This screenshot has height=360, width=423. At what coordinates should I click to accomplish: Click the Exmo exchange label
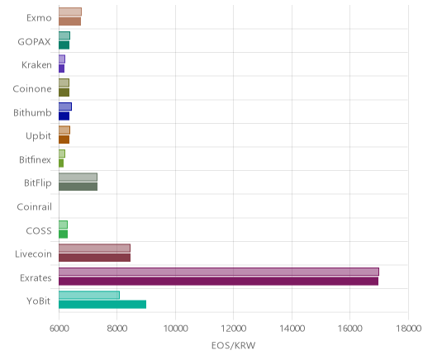click(x=39, y=18)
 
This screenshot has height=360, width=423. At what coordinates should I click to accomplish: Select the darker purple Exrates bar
click(x=218, y=282)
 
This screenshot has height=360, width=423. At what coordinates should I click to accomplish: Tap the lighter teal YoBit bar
click(x=89, y=295)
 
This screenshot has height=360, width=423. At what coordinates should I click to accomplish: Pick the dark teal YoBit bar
click(x=102, y=305)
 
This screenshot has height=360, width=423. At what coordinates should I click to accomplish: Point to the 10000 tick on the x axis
click(x=175, y=329)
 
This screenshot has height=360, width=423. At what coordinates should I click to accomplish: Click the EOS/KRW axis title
click(x=233, y=345)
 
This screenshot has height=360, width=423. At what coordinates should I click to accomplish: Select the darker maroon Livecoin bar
click(x=94, y=258)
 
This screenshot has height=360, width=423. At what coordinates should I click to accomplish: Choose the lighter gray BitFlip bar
click(x=78, y=178)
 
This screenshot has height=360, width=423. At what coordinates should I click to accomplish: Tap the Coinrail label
click(x=34, y=206)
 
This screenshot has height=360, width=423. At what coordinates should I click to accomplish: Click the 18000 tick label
click(x=408, y=329)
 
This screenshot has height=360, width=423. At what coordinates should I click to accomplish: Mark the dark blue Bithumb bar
click(x=64, y=116)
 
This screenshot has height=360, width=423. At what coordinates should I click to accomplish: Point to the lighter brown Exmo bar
click(x=70, y=12)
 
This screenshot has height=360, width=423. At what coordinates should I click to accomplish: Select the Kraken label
click(x=36, y=65)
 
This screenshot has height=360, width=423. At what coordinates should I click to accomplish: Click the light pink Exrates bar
click(x=219, y=272)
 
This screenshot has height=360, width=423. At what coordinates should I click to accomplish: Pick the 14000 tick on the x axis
click(x=292, y=329)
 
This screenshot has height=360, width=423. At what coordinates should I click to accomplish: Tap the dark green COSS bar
click(x=63, y=234)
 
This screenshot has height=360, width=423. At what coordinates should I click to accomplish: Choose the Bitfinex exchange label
click(x=35, y=159)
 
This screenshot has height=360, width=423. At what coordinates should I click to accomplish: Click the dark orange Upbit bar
click(x=64, y=140)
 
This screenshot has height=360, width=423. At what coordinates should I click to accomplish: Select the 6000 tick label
click(x=59, y=329)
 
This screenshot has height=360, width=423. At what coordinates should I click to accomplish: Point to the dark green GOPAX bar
click(x=64, y=45)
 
